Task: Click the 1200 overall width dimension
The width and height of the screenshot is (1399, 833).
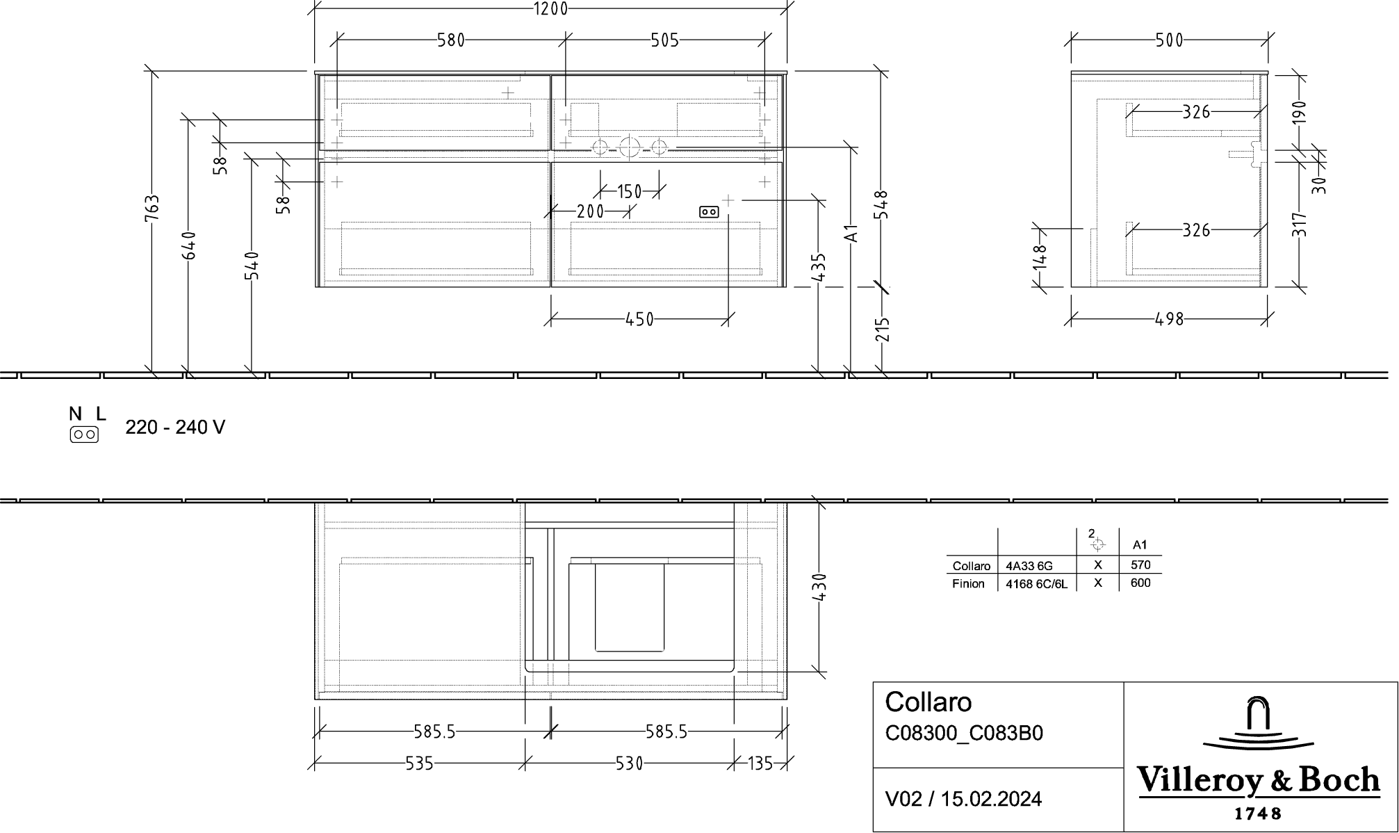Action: [550, 8]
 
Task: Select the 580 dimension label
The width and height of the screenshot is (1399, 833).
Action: [450, 40]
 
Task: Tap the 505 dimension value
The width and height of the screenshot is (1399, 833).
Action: [664, 40]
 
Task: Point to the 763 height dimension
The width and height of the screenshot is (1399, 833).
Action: [152, 208]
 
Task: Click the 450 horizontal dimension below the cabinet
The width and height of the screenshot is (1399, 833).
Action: [639, 319]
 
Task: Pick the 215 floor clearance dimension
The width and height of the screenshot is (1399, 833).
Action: [882, 330]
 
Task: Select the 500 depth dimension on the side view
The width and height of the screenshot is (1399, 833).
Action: [1169, 40]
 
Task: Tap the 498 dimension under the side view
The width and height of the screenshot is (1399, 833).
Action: [1169, 319]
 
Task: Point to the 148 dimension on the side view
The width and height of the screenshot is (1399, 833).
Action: [1040, 257]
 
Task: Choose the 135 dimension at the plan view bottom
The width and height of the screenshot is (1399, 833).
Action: [760, 763]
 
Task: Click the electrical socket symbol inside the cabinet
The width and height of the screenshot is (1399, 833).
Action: [709, 211]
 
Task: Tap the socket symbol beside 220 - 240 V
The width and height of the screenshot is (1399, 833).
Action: [84, 435]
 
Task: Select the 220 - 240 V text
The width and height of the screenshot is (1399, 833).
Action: [175, 427]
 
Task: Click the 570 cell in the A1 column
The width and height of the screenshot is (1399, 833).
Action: [1140, 565]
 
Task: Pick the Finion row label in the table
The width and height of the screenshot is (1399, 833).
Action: [968, 584]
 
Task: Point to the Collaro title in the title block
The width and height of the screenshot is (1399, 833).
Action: [928, 702]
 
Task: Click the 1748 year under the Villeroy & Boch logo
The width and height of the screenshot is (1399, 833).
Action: [1258, 813]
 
